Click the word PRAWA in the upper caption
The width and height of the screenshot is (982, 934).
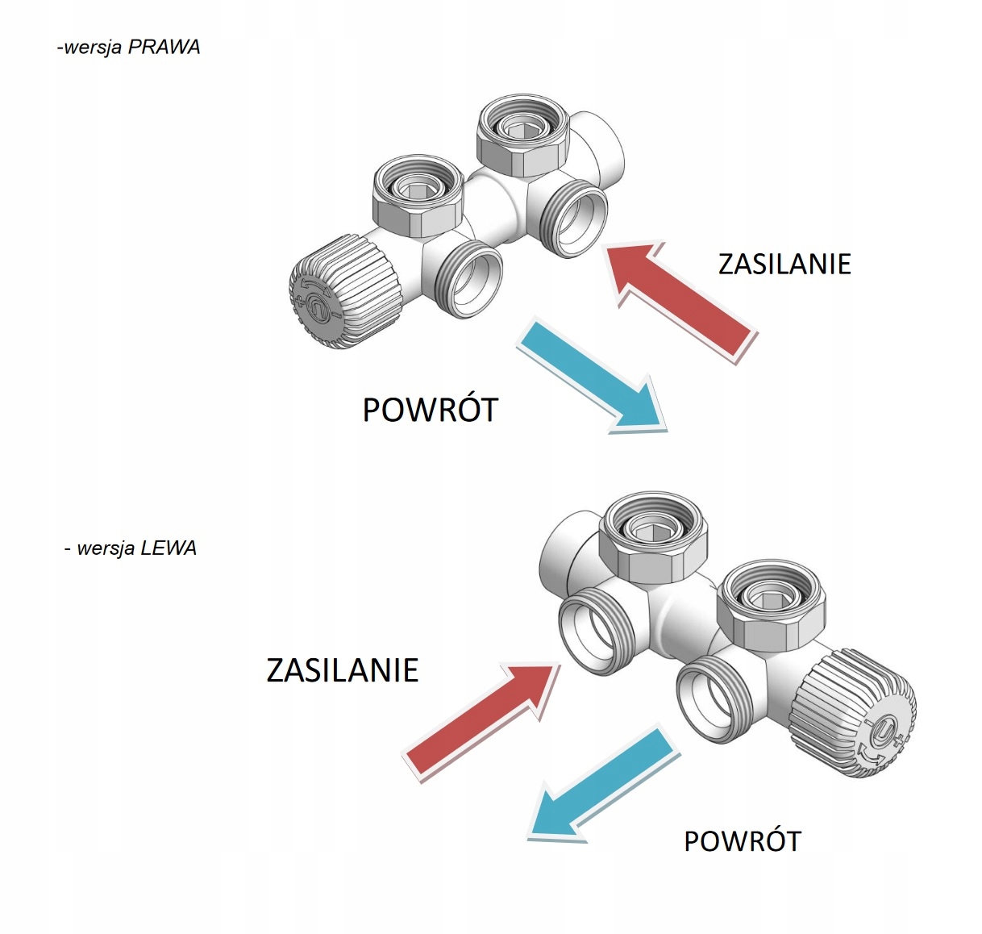(x=164, y=47)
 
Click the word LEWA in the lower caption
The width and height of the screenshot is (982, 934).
(x=168, y=548)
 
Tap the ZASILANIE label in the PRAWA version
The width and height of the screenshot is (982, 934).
(x=784, y=265)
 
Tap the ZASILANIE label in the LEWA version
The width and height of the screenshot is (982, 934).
(x=343, y=670)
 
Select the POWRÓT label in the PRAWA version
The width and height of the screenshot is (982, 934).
(x=431, y=410)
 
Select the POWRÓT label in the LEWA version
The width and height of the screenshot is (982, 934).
(x=742, y=841)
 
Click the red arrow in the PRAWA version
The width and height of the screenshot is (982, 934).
(x=681, y=298)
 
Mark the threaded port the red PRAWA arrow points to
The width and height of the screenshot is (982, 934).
(x=573, y=221)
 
